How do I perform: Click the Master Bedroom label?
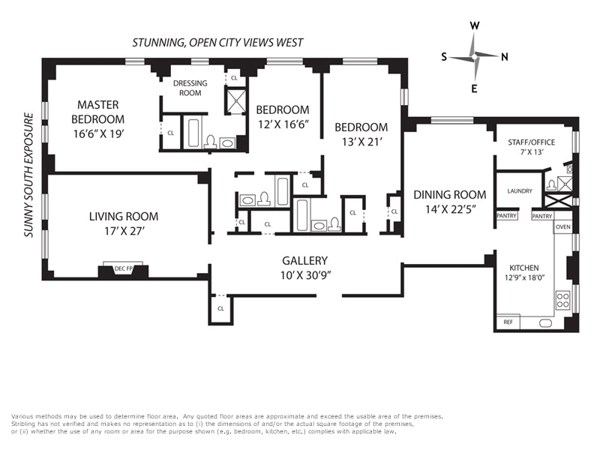tap(98, 112)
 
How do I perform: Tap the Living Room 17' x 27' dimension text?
tap(124, 231)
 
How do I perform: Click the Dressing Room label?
tap(190, 88)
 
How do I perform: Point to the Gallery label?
tap(305, 260)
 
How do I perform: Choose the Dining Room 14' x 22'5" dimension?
tap(450, 209)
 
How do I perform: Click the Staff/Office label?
tap(532, 142)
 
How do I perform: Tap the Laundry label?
tap(520, 191)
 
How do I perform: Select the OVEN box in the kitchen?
tap(563, 227)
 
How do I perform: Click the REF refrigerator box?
tap(508, 322)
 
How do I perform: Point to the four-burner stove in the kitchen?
tap(563, 299)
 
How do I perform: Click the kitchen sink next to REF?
tap(546, 323)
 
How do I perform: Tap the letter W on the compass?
tap(475, 25)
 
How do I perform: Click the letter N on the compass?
tap(505, 57)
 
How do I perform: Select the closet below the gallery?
tap(220, 309)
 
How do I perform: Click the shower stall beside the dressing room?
tap(235, 100)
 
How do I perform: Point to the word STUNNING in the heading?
tap(158, 43)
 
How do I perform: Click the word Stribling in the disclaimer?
tap(23, 424)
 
